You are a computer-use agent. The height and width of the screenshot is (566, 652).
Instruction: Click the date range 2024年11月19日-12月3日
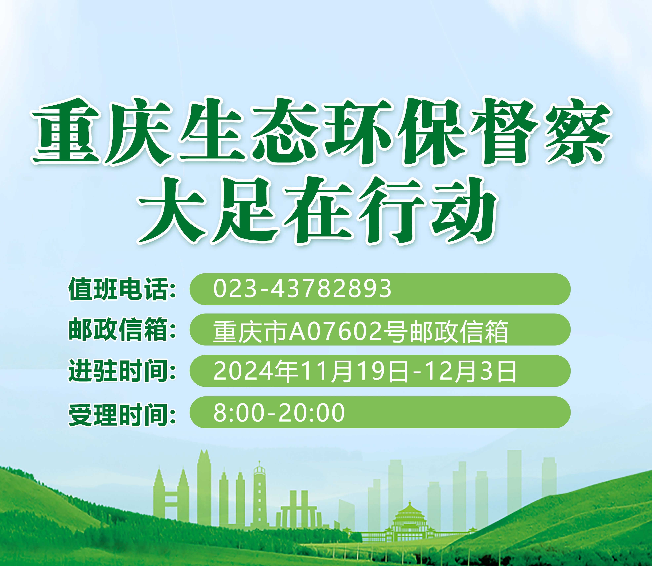coord(365,371)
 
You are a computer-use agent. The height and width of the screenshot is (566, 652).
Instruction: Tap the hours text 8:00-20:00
coord(279,412)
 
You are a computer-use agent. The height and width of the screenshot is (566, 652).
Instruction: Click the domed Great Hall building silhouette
coord(409,521)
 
